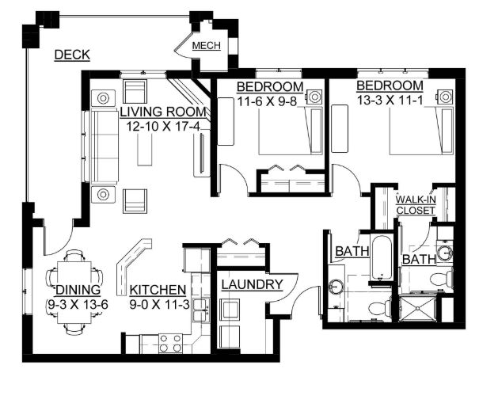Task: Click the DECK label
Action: pos(72,55)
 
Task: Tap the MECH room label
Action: pos(207,45)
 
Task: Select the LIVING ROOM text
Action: pos(163,112)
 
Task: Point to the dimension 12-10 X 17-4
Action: pos(163,126)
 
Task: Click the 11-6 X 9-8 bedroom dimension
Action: pos(267,101)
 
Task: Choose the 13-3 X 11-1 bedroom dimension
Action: pos(390,100)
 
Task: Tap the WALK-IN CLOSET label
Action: pos(416,205)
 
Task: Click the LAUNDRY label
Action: pos(252,284)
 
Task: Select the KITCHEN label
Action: pos(158,290)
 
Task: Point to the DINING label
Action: pos(78,290)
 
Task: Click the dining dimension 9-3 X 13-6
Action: pos(78,304)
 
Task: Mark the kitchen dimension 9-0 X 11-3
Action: pos(159,304)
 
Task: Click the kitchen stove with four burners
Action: pos(170,344)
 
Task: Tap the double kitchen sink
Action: pos(200,310)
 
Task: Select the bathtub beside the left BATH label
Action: pos(382,257)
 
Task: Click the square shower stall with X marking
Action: pos(417,309)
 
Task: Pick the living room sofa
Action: pos(105,146)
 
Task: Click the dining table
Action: pos(74,292)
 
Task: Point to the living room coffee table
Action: pos(145,150)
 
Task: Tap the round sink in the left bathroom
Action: pos(336,287)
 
